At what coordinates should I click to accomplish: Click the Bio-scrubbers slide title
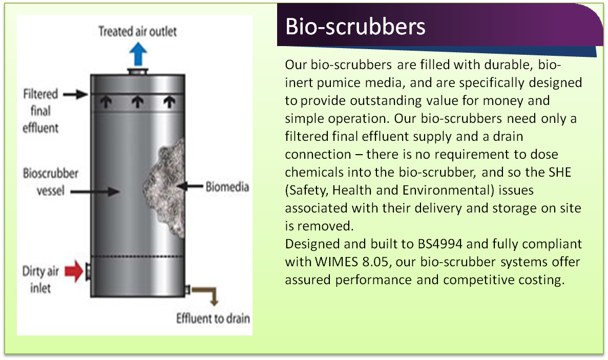[355, 26]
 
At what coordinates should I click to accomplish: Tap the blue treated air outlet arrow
[138, 54]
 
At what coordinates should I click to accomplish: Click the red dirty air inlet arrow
[74, 270]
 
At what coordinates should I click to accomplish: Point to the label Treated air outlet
[137, 31]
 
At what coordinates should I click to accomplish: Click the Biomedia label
[227, 187]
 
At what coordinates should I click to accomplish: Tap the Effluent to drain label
[213, 319]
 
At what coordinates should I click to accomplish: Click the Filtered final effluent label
[40, 111]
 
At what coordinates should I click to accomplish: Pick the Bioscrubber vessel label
[50, 182]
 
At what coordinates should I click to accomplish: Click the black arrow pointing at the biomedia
[190, 186]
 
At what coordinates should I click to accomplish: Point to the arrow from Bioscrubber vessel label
[95, 191]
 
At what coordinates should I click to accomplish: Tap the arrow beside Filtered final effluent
[76, 94]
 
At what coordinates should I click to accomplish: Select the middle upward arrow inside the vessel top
[138, 102]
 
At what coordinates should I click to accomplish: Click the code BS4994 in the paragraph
[440, 244]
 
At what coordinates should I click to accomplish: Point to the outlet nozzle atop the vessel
[138, 71]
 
